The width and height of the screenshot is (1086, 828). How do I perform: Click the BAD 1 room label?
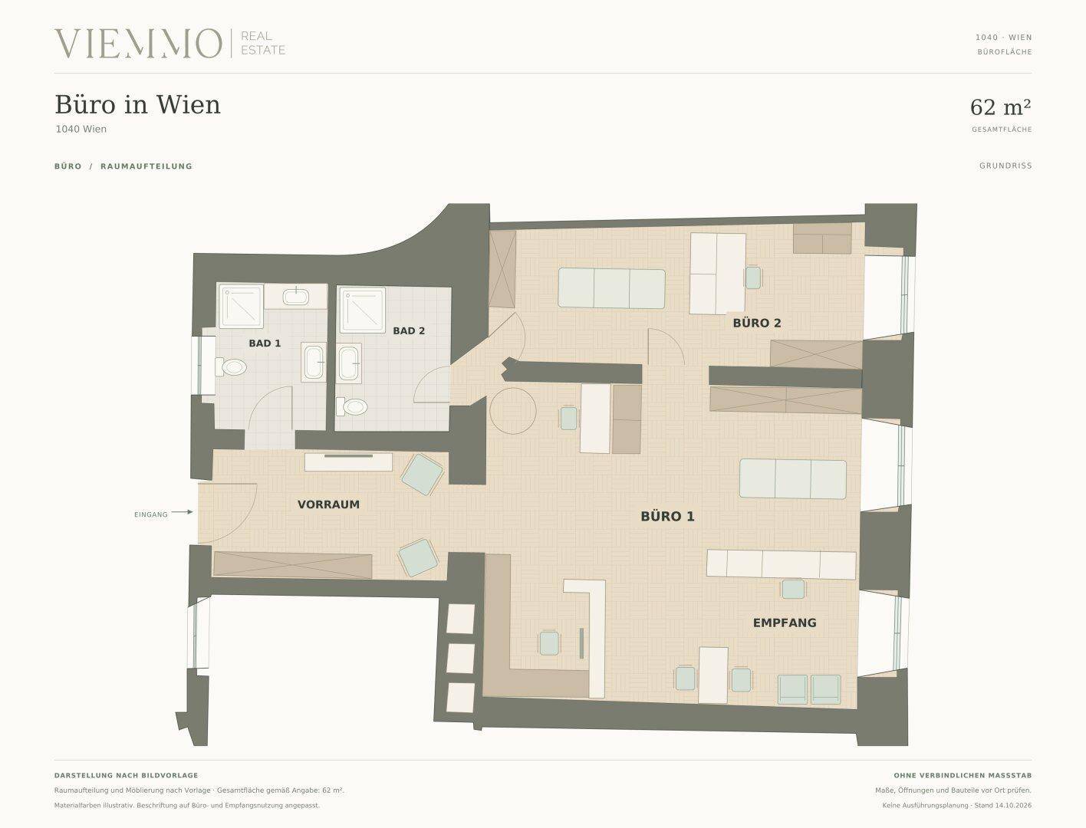tap(265, 343)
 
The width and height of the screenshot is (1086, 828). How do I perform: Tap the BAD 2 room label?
tap(409, 331)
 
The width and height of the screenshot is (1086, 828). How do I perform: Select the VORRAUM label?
tap(328, 504)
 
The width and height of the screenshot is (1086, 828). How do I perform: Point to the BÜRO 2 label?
tap(757, 323)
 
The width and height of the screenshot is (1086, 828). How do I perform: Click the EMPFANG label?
tap(785, 623)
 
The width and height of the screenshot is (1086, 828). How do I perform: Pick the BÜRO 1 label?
tap(667, 517)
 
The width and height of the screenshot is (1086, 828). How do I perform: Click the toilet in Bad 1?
tap(231, 367)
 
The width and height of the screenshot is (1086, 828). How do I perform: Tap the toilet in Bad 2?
tap(352, 406)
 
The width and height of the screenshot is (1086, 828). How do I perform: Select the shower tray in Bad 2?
tap(362, 310)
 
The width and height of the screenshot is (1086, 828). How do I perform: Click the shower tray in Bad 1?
tap(241, 306)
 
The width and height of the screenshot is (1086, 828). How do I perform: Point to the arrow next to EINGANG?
tap(183, 512)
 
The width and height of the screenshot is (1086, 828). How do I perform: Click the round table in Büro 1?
tap(513, 411)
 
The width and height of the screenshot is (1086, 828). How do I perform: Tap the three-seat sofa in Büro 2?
tap(611, 288)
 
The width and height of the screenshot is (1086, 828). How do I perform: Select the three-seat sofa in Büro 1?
tap(792, 479)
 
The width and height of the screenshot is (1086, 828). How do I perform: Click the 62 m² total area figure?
tap(1000, 107)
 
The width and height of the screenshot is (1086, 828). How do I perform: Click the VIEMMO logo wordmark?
tap(138, 44)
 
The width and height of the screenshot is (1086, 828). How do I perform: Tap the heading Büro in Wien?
tap(137, 104)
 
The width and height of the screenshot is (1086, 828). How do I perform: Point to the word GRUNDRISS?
tap(1005, 166)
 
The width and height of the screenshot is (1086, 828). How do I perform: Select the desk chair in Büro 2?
tap(753, 278)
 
